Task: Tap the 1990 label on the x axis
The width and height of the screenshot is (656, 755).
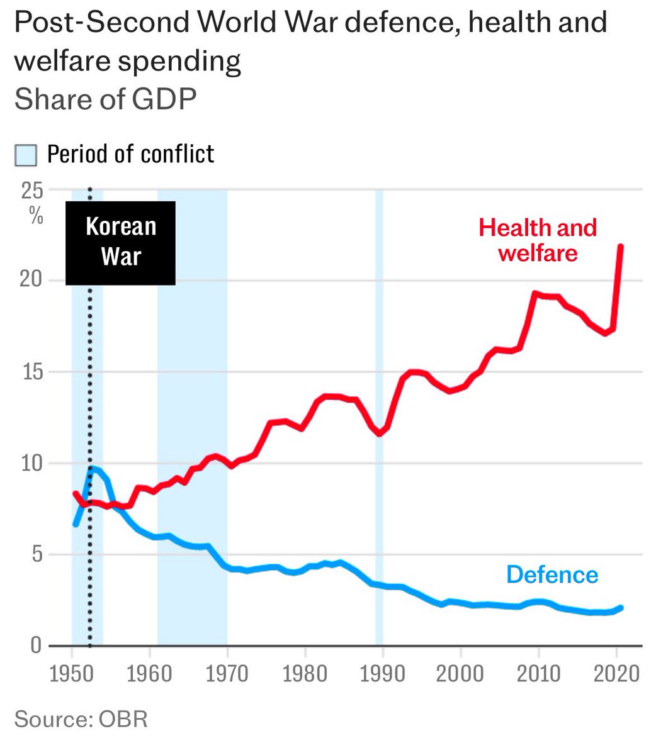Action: click(382, 673)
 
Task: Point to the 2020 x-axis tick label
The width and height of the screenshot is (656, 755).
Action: click(615, 673)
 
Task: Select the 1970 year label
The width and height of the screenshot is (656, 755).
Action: click(226, 673)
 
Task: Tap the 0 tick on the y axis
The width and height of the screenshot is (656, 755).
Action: click(36, 646)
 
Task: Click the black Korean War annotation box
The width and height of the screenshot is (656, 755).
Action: click(120, 242)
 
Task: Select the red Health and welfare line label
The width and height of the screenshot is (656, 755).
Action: click(537, 240)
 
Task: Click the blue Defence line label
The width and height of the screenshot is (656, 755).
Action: click(552, 574)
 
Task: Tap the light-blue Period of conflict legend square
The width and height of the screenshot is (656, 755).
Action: click(26, 155)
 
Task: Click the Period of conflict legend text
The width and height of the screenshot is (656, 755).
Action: click(131, 154)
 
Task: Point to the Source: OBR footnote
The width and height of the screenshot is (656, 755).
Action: click(81, 719)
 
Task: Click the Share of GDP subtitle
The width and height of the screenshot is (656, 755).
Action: click(105, 99)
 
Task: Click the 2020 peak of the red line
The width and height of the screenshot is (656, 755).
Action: click(621, 246)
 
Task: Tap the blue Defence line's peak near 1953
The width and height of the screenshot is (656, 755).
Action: click(93, 467)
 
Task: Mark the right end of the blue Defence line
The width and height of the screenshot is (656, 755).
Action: click(621, 608)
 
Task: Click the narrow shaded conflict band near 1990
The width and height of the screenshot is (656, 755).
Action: click(379, 415)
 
